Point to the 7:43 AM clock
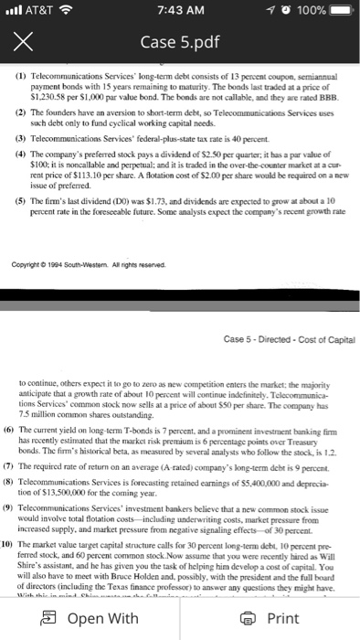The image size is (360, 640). [179, 11]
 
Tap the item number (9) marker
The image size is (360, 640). [16, 491]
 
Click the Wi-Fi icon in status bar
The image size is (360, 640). [72, 11]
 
